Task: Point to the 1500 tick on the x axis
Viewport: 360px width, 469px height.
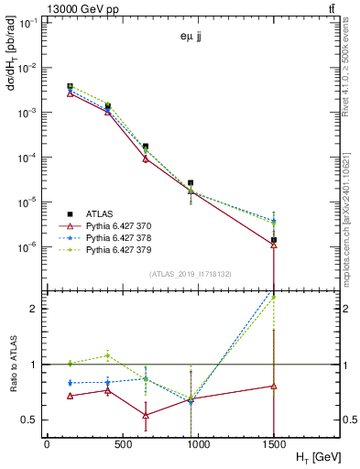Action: (274, 443)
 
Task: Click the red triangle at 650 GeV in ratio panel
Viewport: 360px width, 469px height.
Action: (146, 415)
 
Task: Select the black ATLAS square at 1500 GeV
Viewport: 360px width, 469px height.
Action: (274, 240)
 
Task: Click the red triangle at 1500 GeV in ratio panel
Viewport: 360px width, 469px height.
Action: (274, 386)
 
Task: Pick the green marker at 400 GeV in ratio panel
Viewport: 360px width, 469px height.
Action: (108, 355)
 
